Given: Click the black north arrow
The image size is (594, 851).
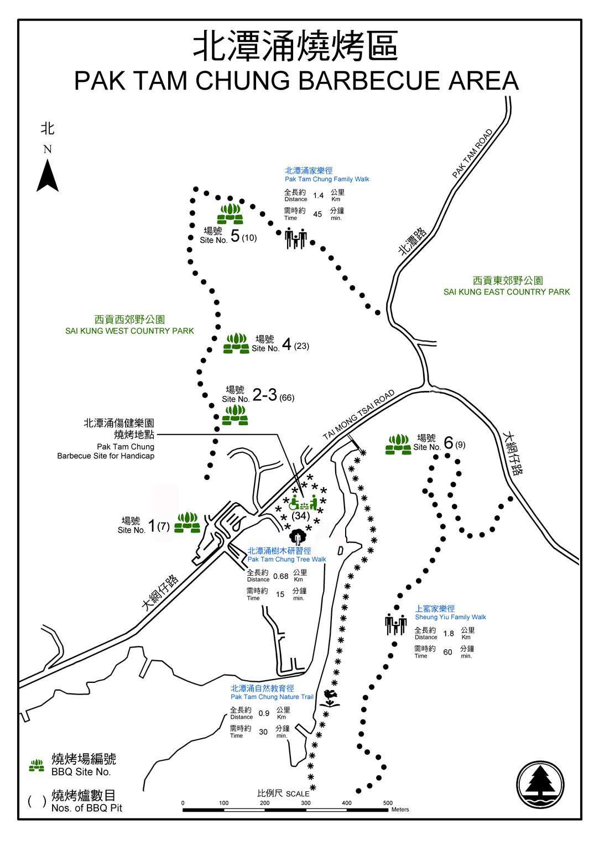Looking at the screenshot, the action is pyautogui.click(x=47, y=175).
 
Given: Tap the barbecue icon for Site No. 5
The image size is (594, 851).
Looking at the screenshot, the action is pyautogui.click(x=230, y=214).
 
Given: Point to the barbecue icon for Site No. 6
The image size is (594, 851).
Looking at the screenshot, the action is pyautogui.click(x=398, y=445).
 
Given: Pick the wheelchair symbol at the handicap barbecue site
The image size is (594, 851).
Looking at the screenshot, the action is pyautogui.click(x=294, y=503).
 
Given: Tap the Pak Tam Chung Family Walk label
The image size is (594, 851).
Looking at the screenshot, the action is pyautogui.click(x=326, y=179).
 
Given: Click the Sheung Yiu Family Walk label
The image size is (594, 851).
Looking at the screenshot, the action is pyautogui.click(x=450, y=617).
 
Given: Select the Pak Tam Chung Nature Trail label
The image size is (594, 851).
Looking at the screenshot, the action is pyautogui.click(x=272, y=697).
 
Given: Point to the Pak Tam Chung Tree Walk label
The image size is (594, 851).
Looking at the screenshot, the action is pyautogui.click(x=286, y=560).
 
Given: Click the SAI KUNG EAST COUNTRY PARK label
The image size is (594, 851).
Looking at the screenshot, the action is pyautogui.click(x=506, y=292).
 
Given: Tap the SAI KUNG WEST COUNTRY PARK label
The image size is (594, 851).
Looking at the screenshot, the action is pyautogui.click(x=129, y=331).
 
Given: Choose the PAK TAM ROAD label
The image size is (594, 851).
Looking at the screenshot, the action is pyautogui.click(x=472, y=154).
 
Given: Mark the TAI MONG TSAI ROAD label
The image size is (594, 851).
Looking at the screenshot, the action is pyautogui.click(x=358, y=415).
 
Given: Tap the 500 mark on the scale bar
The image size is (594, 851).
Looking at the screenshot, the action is pyautogui.click(x=387, y=803).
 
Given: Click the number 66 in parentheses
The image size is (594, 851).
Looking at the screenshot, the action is pyautogui.click(x=286, y=398).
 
